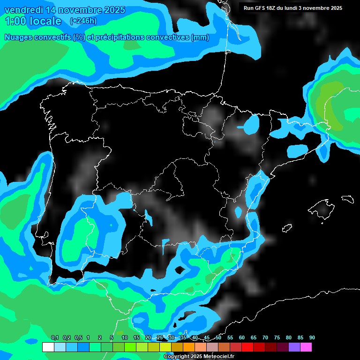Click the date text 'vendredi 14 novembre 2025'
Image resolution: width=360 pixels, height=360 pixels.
tap(65, 10)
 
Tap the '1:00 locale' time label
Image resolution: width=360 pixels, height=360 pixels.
tap(33, 21)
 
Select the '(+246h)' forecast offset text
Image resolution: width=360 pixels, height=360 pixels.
tap(83, 21)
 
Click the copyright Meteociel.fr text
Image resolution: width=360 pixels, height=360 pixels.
tap(198, 357)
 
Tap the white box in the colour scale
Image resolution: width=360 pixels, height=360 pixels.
tap(48, 347)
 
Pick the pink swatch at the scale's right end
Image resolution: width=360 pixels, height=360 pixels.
tap(306, 347)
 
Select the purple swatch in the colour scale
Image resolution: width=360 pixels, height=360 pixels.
tap(294, 347)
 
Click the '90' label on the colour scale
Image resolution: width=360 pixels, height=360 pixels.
tap(312, 338)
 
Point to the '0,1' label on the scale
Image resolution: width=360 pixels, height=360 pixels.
tap(55, 338)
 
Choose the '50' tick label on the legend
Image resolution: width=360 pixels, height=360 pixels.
tap(218, 338)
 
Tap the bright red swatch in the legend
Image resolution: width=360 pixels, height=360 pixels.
tap(247, 347)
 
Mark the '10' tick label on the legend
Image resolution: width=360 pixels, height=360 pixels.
tap(125, 338)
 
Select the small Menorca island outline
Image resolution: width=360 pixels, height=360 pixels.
tap(347, 199)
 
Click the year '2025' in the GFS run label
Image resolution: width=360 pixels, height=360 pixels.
tap(335, 8)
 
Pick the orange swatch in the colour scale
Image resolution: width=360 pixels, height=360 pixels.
tap(188, 347)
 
